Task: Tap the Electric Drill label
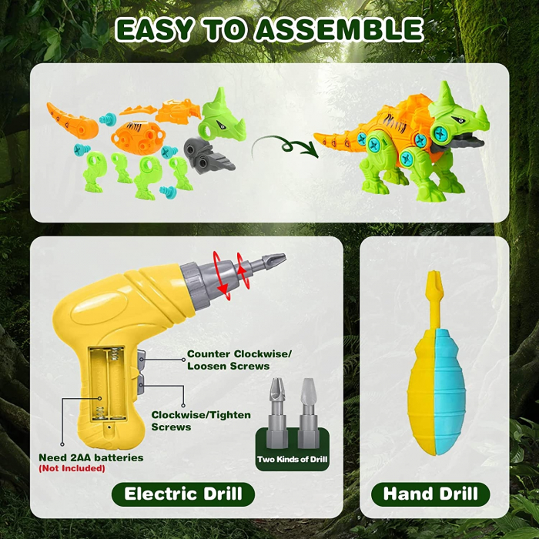click(183, 494)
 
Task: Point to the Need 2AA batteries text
click(91, 457)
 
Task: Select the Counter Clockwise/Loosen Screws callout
click(239, 360)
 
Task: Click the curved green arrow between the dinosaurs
click(285, 144)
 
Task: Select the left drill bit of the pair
click(275, 412)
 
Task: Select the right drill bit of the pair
click(308, 412)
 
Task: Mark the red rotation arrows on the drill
click(229, 274)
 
